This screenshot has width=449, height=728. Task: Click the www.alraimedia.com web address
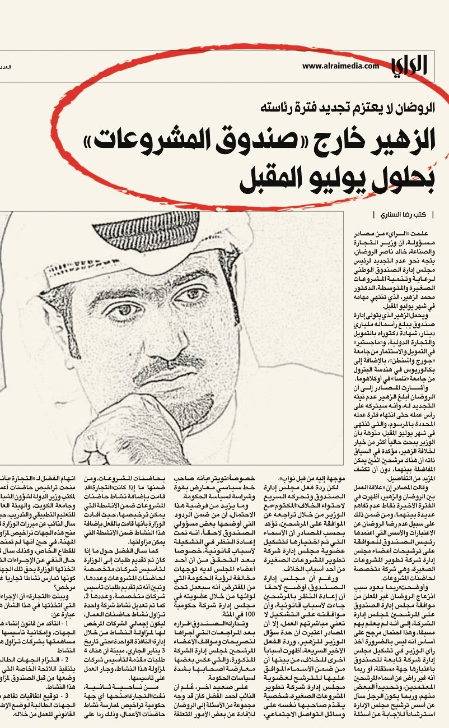[340, 67]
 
